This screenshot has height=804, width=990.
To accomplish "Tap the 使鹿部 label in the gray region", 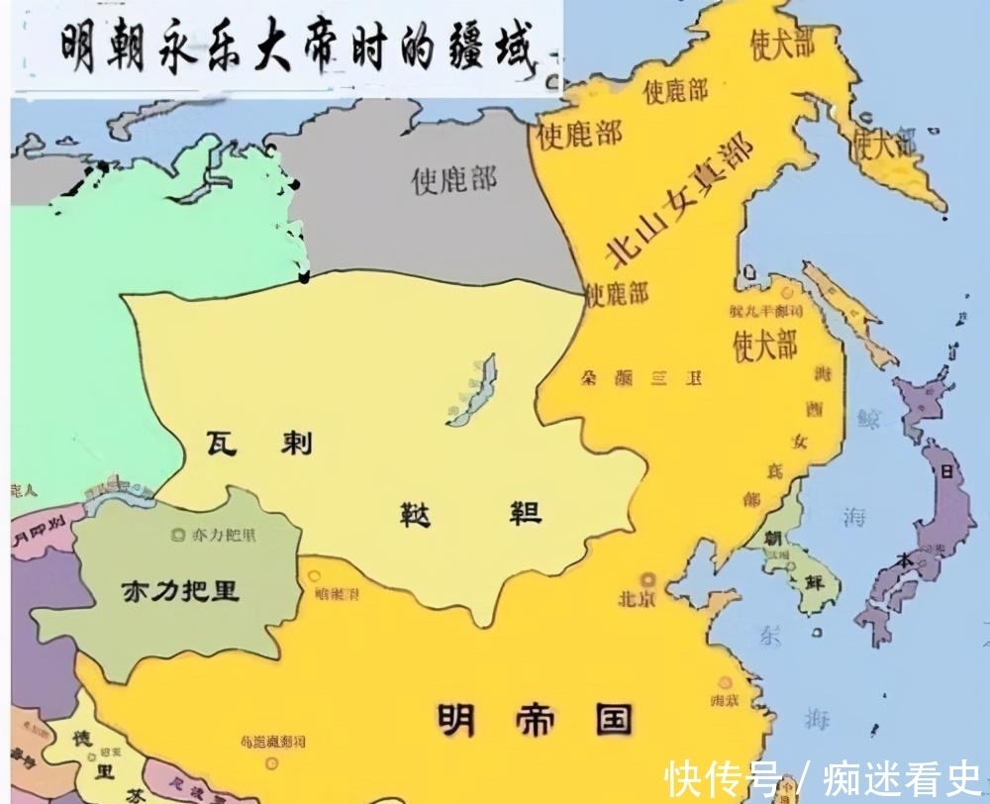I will pyautogui.click(x=454, y=179).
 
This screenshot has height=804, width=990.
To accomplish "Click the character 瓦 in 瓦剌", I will pyautogui.click(x=223, y=441).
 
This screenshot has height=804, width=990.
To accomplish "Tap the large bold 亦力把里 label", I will pyautogui.click(x=180, y=591).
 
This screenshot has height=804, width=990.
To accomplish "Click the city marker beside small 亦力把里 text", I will pyautogui.click(x=178, y=536).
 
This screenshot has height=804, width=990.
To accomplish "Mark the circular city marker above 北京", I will pyautogui.click(x=649, y=578).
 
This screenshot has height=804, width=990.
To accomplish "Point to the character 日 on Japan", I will pyautogui.click(x=945, y=472).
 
